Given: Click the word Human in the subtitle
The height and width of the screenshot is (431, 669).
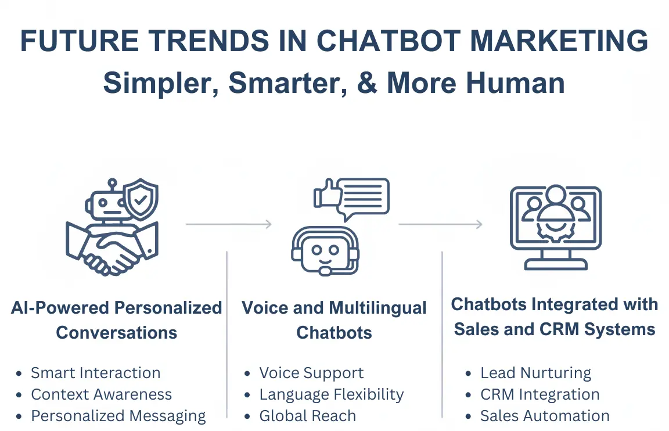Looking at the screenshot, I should coord(516,83).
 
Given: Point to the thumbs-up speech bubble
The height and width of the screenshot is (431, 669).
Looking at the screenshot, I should coord(351,197).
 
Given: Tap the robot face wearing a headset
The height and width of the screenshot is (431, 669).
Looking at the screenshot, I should coord(325,251).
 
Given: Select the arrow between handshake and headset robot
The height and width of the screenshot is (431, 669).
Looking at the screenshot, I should coord(229,224).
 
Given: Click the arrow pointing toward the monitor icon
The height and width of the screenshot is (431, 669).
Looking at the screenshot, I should coord(441,224).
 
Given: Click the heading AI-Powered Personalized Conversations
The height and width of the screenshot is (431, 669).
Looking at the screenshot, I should coord(117,320).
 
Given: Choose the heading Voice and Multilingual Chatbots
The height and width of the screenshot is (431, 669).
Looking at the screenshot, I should coord(334,320).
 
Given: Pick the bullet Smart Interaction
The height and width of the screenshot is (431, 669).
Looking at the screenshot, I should coord(95,373).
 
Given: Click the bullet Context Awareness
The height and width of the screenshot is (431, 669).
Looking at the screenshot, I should coord(101,394).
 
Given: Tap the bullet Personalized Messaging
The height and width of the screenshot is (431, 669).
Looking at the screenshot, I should coord(118,416).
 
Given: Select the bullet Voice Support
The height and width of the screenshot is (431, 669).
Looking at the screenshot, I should coord(311,373).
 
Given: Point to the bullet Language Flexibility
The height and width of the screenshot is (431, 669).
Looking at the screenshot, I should coord(331,394).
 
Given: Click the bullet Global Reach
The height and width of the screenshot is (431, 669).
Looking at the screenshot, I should coord(307,416).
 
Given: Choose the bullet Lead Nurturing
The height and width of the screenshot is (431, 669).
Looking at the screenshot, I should coord(535,373).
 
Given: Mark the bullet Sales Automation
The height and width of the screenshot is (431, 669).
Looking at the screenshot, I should coord(545,416).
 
